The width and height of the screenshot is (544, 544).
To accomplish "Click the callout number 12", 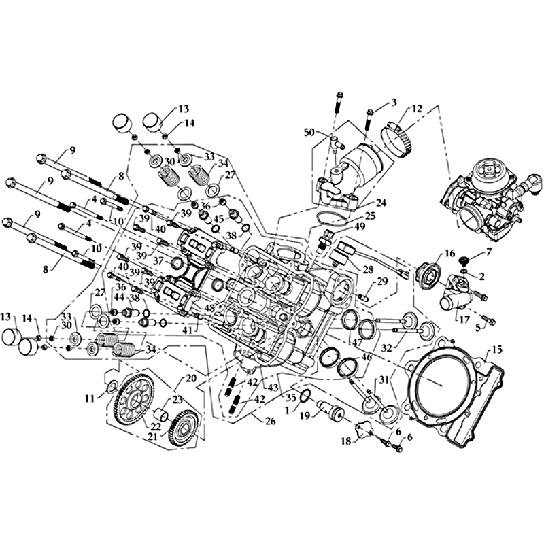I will [x=417, y=108].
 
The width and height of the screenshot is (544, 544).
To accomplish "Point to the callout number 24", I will [x=381, y=202].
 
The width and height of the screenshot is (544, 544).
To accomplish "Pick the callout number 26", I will [x=270, y=422].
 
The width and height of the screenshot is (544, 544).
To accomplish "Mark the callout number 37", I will [x=158, y=260].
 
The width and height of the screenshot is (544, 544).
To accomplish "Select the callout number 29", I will [x=381, y=281].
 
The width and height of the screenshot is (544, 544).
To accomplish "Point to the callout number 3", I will [x=393, y=103].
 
